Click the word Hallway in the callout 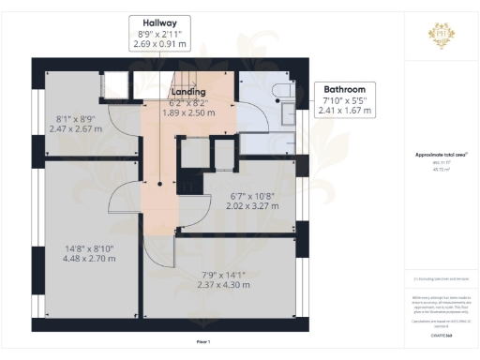click(x=155, y=22)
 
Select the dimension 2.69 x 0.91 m click(x=155, y=44)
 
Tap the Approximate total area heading click(x=441, y=154)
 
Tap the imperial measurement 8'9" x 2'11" click(x=155, y=34)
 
